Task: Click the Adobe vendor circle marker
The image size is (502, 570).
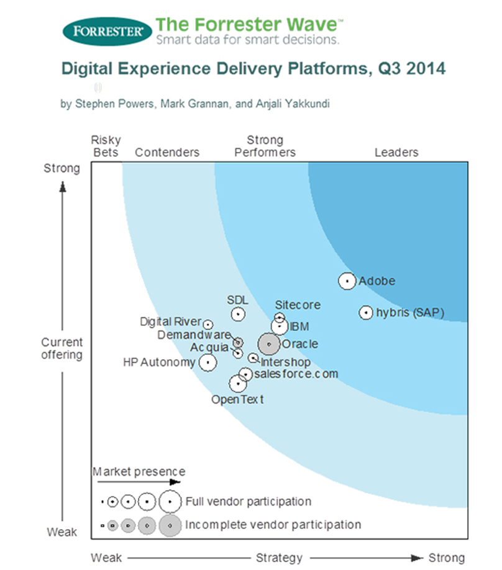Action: coord(347,281)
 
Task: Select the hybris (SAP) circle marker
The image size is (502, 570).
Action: coord(366,313)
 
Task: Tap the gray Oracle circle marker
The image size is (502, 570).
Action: coord(268,343)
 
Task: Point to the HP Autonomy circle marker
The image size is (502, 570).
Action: coord(208,362)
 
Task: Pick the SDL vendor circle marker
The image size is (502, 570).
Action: coord(238,314)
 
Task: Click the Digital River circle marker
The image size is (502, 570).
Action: coord(208,324)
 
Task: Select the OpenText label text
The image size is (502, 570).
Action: coord(237,399)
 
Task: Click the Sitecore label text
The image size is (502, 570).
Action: coord(298,305)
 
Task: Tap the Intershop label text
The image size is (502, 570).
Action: coord(286,362)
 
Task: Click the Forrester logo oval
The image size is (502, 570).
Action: coord(107,31)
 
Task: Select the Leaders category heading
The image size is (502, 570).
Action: coord(396,152)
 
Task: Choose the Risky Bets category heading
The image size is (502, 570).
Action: coord(106,146)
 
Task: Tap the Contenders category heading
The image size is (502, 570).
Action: coord(167,152)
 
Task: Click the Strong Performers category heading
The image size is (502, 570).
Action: coord(265,146)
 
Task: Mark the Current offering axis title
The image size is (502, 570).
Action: coord(62,349)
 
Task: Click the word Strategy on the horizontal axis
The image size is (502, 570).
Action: coord(279,558)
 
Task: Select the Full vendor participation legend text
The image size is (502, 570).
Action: coord(249,501)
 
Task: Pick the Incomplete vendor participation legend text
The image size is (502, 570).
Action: coord(273,525)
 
